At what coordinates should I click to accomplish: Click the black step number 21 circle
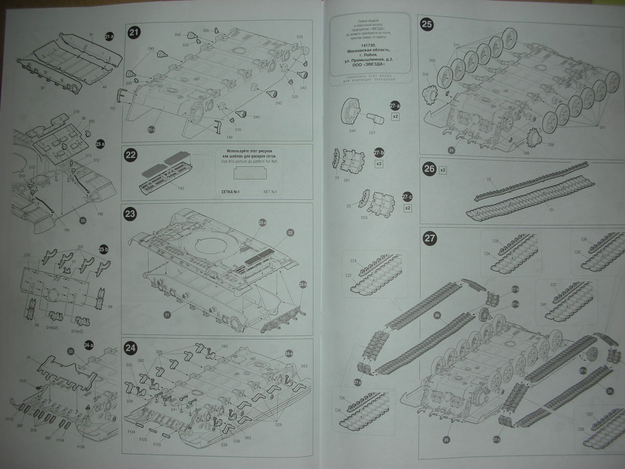[134, 33]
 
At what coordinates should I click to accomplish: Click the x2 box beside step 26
[443, 170]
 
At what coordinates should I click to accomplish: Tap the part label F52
[113, 108]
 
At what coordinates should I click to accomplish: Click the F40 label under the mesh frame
[180, 188]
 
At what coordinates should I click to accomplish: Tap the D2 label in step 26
[489, 179]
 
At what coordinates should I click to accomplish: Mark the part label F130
[81, 447]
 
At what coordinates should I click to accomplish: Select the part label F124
[131, 432]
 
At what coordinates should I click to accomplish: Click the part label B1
[91, 35]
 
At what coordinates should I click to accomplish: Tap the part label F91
[67, 230]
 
